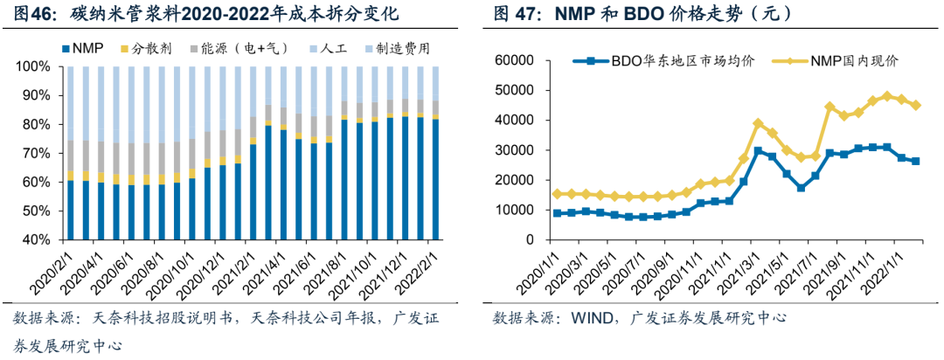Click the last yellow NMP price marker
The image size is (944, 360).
[916, 105]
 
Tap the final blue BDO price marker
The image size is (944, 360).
[916, 161]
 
